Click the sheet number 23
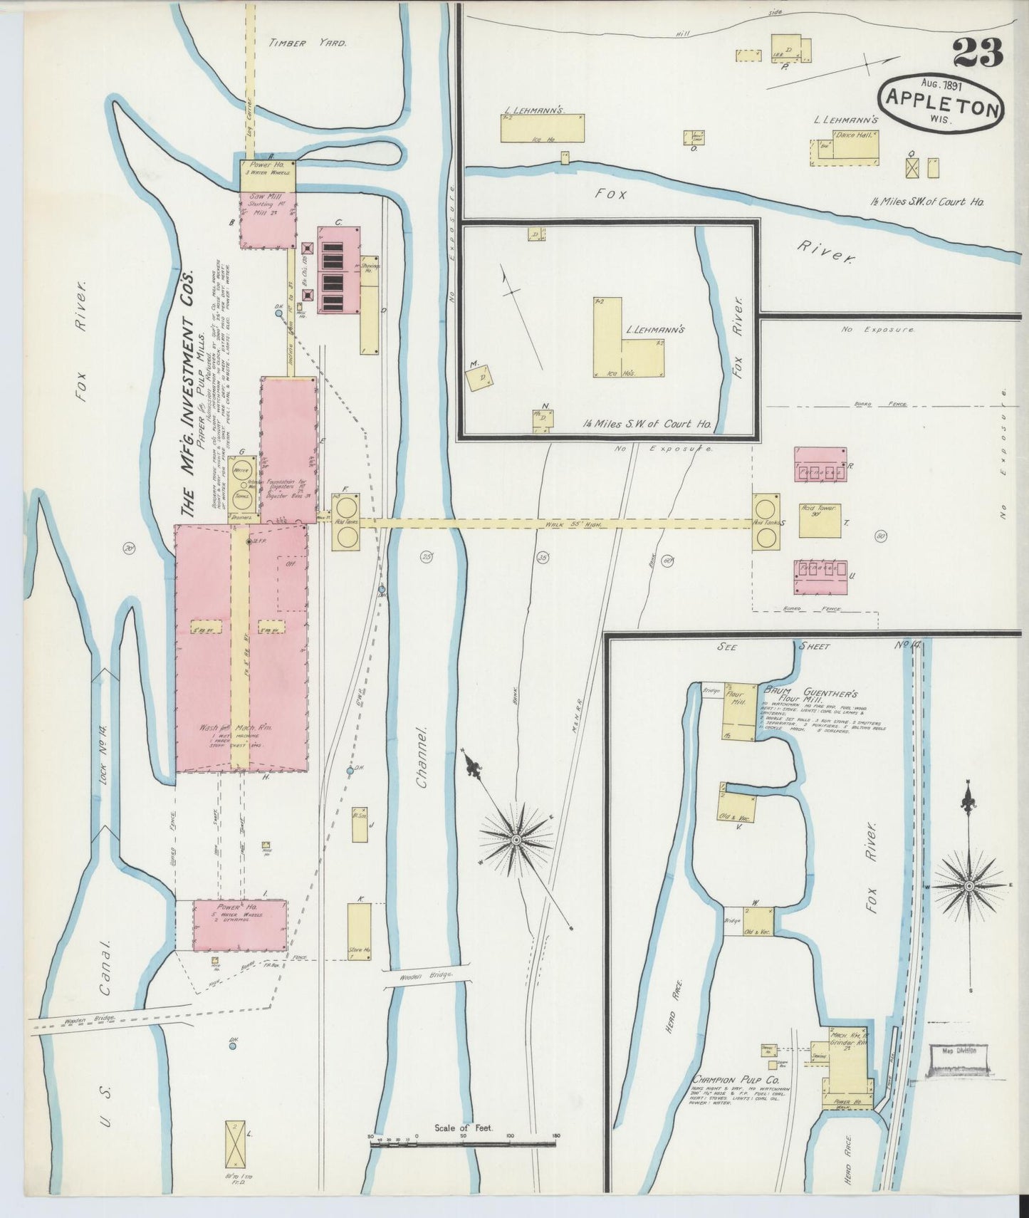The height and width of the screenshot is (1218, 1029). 977,51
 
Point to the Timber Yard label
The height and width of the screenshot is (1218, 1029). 307,43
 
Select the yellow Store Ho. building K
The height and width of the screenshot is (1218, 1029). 359,932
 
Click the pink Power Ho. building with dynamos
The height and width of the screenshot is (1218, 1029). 241,925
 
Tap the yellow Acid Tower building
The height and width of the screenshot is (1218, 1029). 820,521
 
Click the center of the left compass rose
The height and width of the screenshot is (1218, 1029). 516,840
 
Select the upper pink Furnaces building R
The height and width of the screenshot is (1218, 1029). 820,464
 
